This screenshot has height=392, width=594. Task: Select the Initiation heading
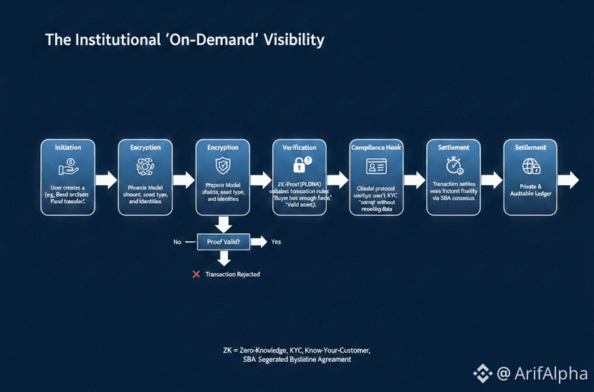pyautogui.click(x=68, y=147)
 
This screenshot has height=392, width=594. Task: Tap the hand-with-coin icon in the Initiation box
pyautogui.click(x=67, y=165)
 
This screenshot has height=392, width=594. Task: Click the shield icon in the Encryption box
pyautogui.click(x=222, y=165)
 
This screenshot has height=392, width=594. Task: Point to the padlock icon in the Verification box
pyautogui.click(x=302, y=164)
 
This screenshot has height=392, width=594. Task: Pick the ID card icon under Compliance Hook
pyautogui.click(x=377, y=166)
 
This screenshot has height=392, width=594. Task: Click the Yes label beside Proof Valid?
pyautogui.click(x=276, y=242)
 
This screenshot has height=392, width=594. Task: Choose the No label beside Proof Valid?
pyautogui.click(x=177, y=242)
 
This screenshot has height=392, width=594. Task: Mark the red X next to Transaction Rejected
pyautogui.click(x=196, y=274)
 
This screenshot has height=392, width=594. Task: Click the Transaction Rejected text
pyautogui.click(x=232, y=274)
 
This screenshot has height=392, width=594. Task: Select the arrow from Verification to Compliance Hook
pyautogui.click(x=337, y=180)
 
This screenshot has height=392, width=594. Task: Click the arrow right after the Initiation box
pyautogui.click(x=105, y=180)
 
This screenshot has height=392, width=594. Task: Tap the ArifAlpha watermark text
pyautogui.click(x=547, y=373)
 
